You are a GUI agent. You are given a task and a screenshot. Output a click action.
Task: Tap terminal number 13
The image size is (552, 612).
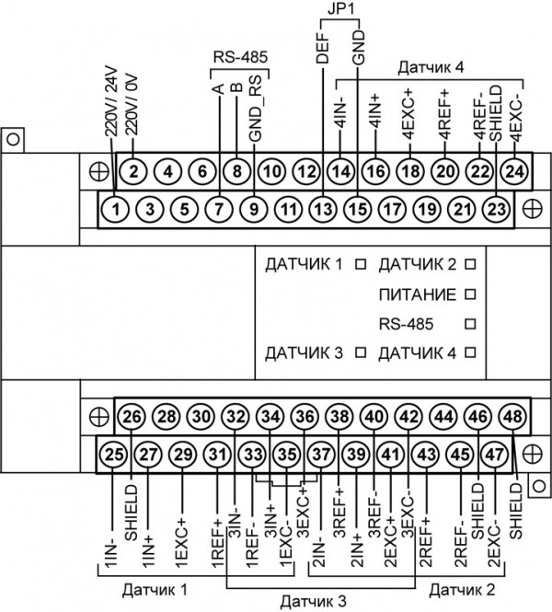(x=322, y=209)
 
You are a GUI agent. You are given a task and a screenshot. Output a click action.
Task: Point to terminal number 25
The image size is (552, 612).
(x=114, y=454)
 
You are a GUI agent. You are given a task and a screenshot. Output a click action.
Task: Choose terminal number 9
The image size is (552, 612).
(x=253, y=209)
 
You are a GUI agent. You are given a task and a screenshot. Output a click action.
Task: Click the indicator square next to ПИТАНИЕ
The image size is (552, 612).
(x=470, y=294)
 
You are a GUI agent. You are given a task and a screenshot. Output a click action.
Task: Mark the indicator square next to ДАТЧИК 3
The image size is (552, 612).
(x=361, y=352)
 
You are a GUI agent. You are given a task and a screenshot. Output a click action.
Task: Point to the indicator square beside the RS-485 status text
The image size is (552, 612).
(x=470, y=324)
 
